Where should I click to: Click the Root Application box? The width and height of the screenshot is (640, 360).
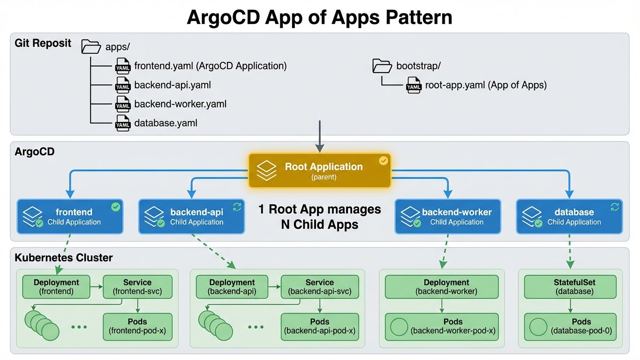click(x=319, y=171)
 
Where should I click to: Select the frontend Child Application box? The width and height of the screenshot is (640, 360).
click(x=70, y=217)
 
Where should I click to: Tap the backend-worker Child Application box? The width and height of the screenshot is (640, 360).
click(x=448, y=217)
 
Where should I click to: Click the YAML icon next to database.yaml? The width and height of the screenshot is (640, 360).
click(x=123, y=123)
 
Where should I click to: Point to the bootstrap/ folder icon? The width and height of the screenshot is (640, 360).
click(x=382, y=66)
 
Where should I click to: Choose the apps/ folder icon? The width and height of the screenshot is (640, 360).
click(x=91, y=47)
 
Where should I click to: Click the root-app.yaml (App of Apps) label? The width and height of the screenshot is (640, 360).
click(x=486, y=85)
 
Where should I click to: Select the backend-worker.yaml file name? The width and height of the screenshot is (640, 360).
click(x=180, y=104)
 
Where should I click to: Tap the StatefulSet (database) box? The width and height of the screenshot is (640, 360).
click(x=570, y=287)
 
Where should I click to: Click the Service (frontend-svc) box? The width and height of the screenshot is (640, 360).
click(x=137, y=287)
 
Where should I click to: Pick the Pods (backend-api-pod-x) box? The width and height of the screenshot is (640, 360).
click(x=319, y=326)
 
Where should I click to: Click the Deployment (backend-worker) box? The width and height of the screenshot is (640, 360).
click(x=441, y=287)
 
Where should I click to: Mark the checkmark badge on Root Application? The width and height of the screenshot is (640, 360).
click(x=384, y=161)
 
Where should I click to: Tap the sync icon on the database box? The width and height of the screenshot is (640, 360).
click(x=615, y=206)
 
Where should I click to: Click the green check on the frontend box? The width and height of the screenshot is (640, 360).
click(x=115, y=207)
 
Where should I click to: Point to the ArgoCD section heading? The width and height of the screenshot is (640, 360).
click(x=35, y=152)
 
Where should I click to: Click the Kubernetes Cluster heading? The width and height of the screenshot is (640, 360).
click(x=63, y=258)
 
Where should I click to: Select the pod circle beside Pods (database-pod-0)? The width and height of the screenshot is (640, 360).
click(x=538, y=326)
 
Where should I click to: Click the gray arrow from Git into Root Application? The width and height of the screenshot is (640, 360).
click(x=320, y=136)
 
